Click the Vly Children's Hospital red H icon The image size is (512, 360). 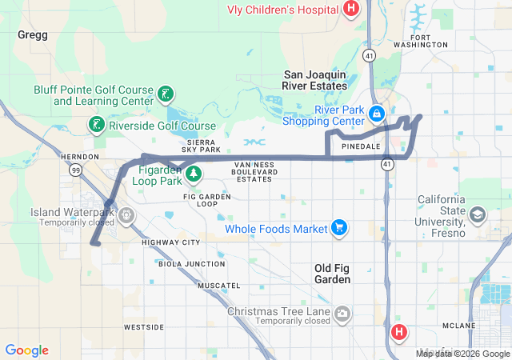(350, 9)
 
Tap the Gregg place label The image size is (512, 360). (33, 35)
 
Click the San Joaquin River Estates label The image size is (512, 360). (315, 80)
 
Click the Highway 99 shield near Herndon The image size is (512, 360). (75, 170)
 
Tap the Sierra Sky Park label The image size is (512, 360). (201, 145)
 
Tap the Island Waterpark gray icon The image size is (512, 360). (126, 216)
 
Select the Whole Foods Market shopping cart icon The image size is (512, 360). (339, 229)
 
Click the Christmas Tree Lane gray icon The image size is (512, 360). (343, 312)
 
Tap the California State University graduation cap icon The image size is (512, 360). (478, 214)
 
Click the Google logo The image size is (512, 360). (27, 350)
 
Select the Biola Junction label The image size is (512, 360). (193, 263)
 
